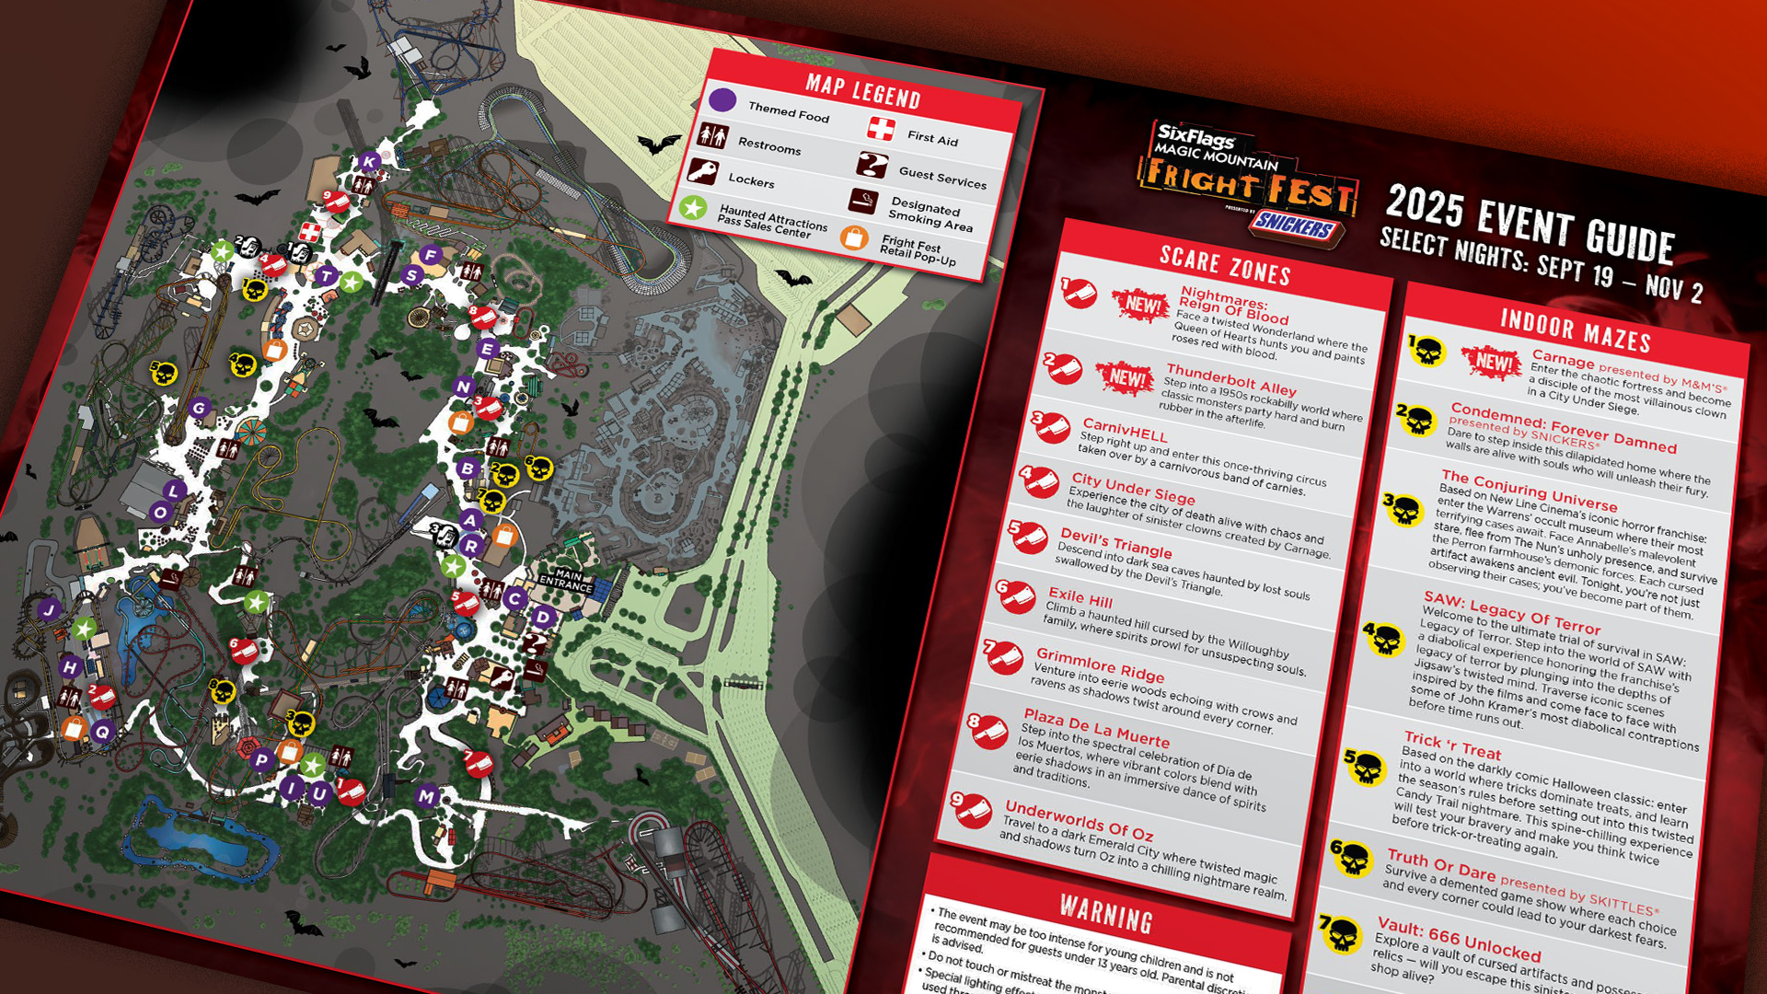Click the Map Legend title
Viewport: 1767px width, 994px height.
coord(862,91)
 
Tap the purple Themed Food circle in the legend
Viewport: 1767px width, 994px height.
coord(722,99)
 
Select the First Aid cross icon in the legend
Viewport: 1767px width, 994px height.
coord(881,128)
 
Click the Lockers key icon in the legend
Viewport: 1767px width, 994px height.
coord(702,170)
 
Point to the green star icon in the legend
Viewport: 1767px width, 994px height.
coord(693,207)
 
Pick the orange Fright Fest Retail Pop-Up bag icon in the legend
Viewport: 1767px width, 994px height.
coord(854,237)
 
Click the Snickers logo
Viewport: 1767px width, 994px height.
coord(1296,224)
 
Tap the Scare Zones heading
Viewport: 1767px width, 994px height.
coord(1224,265)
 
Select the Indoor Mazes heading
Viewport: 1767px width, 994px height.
coord(1576,330)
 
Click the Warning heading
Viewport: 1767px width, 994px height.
coord(1105,913)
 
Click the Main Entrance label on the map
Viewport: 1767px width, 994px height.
coord(566,580)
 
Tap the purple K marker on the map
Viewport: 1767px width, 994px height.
coord(369,162)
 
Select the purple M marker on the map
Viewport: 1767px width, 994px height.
coord(426,796)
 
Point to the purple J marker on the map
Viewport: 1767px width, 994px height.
coord(49,609)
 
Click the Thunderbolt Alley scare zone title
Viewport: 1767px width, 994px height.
coord(1230,378)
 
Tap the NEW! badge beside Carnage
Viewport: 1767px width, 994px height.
coord(1493,362)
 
